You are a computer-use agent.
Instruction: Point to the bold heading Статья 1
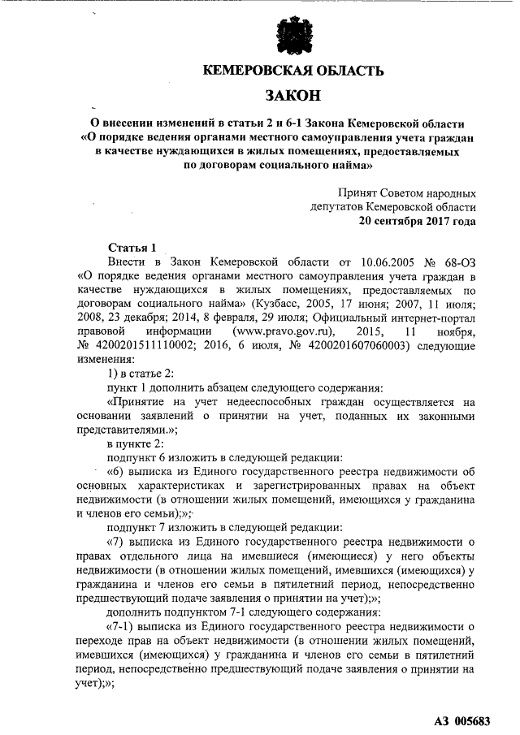pos(131,247)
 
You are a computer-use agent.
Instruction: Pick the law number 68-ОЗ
pos(459,262)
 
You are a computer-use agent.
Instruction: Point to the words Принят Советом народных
pos(408,192)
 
